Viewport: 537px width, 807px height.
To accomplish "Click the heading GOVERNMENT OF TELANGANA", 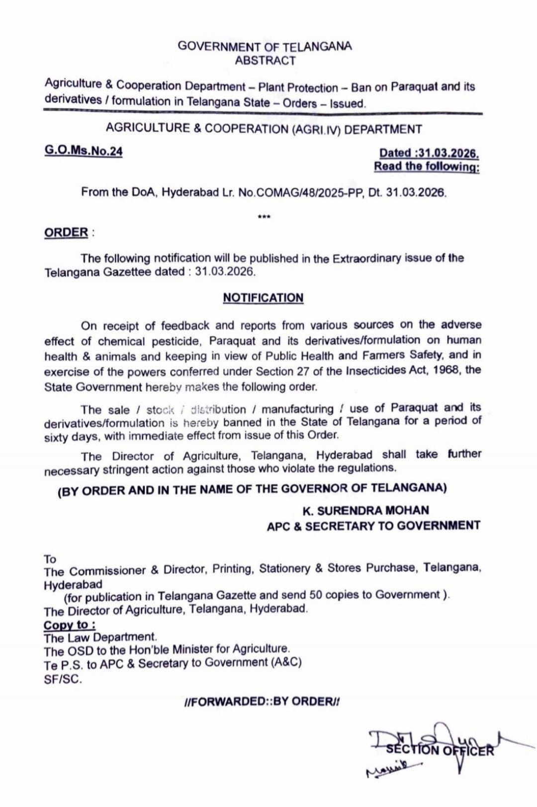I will coord(265,47).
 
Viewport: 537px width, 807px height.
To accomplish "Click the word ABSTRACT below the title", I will coord(265,61).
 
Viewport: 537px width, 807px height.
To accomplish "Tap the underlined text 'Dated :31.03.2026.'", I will coord(429,154).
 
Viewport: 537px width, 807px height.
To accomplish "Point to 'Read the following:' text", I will coord(427,166).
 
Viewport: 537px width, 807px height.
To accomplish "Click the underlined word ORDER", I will coord(66,233).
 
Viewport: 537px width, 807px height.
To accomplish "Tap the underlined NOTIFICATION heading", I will coord(263,298).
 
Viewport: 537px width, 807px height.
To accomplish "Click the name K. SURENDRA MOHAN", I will coord(365,510).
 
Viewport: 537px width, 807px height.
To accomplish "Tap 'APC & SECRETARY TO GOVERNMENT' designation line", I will coord(373,526).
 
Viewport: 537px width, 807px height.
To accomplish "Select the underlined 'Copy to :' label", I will coord(70,625).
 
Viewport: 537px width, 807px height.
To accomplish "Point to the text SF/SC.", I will coord(63,679).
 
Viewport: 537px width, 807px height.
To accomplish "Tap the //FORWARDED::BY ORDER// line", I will coord(262,701).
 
